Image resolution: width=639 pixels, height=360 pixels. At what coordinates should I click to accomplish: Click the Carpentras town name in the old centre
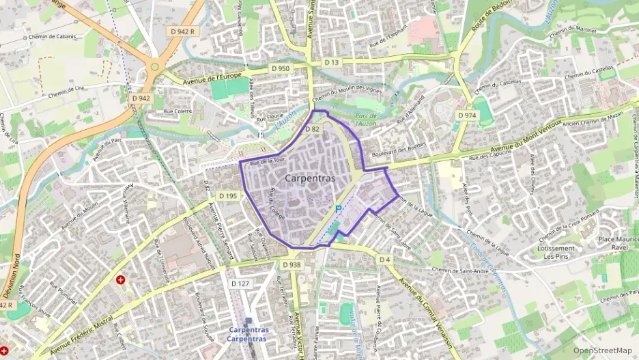coord(310,178)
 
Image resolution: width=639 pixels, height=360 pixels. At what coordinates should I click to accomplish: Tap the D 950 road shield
coord(280,68)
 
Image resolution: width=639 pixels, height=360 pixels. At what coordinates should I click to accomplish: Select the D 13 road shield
coord(332,62)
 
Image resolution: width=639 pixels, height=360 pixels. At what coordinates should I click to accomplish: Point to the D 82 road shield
coord(312,128)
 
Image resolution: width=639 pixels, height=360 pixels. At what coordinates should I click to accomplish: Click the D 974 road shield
coord(467,115)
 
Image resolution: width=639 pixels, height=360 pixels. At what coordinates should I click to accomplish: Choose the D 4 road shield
coord(385,260)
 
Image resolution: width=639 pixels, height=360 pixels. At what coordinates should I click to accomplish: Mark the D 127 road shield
coord(240,283)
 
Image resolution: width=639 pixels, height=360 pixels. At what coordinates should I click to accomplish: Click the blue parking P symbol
coord(338,208)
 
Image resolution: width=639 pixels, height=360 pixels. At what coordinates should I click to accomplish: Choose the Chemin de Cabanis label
coord(51,37)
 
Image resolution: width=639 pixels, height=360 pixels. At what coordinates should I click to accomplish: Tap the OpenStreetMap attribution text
coord(602,350)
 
